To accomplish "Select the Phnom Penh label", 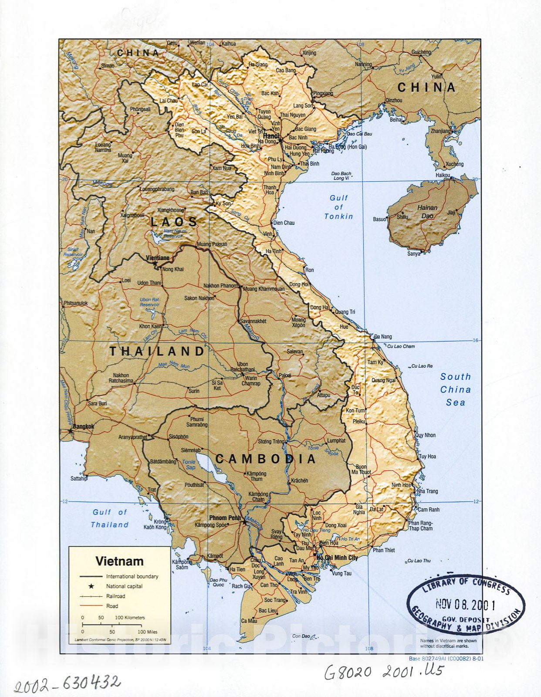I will tap(224, 518).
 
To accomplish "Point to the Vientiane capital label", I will tap(157, 258).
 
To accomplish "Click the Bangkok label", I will tap(83, 426).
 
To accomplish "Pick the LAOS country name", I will tap(174, 222).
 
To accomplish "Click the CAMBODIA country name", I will tap(266, 459).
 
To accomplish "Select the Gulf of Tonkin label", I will tap(338, 207).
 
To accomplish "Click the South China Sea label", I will tap(455, 389).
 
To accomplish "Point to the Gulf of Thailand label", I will tap(110, 518).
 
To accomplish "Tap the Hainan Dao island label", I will tap(427, 211).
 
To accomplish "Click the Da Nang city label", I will tap(383, 336).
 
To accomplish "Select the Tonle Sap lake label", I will tap(189, 464).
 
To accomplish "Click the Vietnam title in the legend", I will tap(119, 561).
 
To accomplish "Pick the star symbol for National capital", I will tap(91, 586).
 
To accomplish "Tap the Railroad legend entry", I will tap(115, 596).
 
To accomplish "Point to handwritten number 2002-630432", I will tap(67, 684).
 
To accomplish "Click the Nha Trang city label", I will tap(427, 491).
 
